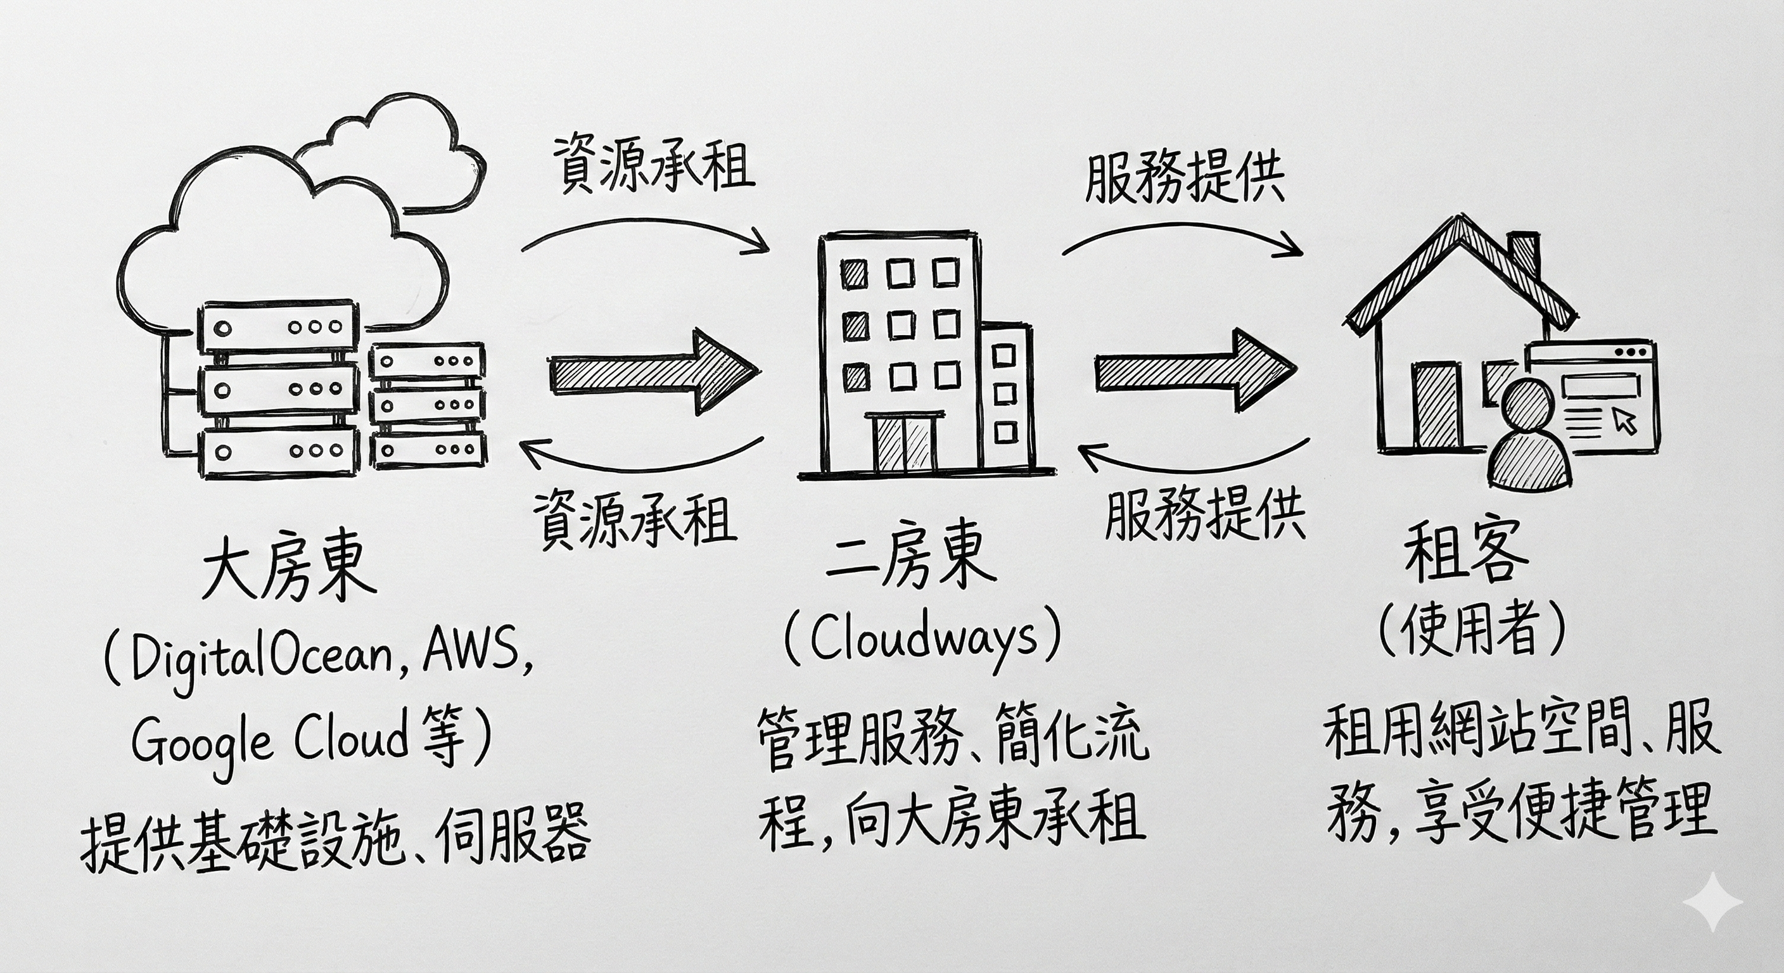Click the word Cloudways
[923, 640]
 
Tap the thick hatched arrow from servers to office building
[651, 374]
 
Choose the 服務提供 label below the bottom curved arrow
[1205, 516]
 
